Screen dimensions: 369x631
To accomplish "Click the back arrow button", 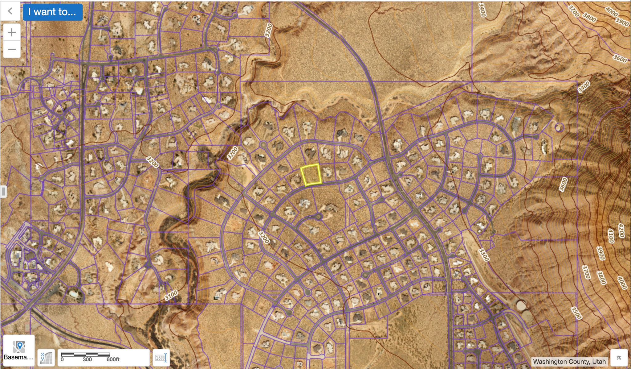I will tap(10, 11).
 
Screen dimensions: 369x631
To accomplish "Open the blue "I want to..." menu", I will tap(52, 12).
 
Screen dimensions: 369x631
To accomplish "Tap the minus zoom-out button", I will tap(12, 49).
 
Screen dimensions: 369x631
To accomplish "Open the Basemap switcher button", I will tap(19, 350).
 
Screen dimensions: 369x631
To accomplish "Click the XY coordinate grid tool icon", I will tap(46, 358).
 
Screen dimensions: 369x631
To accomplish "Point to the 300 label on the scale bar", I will tap(87, 359).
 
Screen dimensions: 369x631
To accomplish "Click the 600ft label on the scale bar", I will tap(113, 359).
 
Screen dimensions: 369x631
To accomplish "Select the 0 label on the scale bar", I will tap(62, 359).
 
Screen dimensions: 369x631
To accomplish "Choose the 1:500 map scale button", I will tap(161, 358).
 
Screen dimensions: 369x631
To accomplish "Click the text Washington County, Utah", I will tap(569, 361).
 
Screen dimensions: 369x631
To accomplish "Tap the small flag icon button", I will tap(619, 358).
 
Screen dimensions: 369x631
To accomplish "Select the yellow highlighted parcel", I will tap(311, 175).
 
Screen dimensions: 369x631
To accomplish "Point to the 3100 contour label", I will tap(171, 295).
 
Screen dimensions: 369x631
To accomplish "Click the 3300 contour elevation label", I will tap(484, 255).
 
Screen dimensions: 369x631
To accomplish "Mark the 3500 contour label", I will tap(576, 313).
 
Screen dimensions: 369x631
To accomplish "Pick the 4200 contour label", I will tap(621, 230).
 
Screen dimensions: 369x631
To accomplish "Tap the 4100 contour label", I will tap(611, 236).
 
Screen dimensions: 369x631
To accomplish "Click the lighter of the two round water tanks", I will tap(521, 306).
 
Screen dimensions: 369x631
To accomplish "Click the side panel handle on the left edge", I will tap(3, 191).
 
